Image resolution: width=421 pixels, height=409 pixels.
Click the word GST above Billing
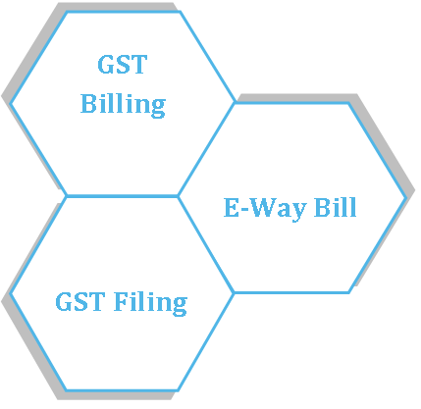click(123, 65)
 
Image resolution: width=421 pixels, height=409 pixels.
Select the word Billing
click(123, 105)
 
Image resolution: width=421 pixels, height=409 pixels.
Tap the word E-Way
click(265, 208)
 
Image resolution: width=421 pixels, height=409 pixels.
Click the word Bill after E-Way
click(335, 207)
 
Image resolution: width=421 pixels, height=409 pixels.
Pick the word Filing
click(150, 303)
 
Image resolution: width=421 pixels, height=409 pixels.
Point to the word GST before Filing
click(80, 301)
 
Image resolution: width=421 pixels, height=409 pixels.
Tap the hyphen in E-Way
click(244, 210)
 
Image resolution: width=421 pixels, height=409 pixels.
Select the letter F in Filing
click(121, 301)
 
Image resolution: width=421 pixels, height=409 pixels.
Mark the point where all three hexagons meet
click(178, 196)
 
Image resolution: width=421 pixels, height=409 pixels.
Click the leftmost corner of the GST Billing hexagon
click(11, 104)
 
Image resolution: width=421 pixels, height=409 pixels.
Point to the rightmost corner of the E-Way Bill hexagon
click(406, 198)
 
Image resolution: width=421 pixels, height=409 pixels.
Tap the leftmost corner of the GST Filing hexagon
click(11, 293)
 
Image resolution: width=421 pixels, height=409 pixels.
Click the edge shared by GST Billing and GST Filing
click(123, 196)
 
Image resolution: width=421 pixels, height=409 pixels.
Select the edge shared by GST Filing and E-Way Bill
click(206, 244)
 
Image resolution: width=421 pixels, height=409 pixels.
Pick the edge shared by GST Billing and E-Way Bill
click(206, 149)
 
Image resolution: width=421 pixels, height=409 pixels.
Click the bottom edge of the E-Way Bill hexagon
click(291, 292)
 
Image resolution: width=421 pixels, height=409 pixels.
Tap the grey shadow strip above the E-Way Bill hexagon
click(296, 98)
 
